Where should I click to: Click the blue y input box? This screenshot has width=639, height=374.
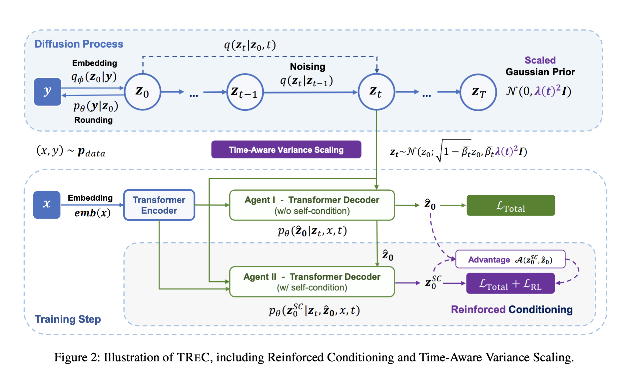[x=48, y=92]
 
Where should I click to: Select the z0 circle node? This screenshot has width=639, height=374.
[x=143, y=92]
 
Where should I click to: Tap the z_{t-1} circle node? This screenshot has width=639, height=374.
[x=245, y=92]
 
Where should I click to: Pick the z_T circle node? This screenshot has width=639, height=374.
[x=478, y=92]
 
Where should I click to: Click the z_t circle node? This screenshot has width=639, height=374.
[x=376, y=92]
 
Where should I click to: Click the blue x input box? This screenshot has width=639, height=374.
[x=47, y=205]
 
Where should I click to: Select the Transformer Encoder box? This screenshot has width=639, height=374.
[x=159, y=205]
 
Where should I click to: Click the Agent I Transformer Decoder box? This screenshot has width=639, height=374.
[x=312, y=205]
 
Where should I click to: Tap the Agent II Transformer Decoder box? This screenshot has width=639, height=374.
[x=312, y=282]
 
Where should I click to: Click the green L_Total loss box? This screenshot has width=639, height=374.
[x=510, y=205]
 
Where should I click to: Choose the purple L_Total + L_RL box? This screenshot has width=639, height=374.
[x=510, y=283]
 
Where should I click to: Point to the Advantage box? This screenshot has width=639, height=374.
[x=510, y=259]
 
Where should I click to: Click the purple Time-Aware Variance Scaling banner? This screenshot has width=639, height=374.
[x=286, y=150]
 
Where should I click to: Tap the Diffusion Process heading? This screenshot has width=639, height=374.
[x=79, y=44]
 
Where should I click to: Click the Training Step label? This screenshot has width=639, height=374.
[x=68, y=319]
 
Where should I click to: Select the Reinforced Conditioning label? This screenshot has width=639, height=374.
[x=512, y=309]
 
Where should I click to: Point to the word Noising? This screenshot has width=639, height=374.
[x=308, y=67]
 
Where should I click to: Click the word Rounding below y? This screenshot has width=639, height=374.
[x=93, y=120]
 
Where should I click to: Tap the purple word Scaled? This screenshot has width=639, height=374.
[x=540, y=60]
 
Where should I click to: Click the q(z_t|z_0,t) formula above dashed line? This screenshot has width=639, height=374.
[x=250, y=45]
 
